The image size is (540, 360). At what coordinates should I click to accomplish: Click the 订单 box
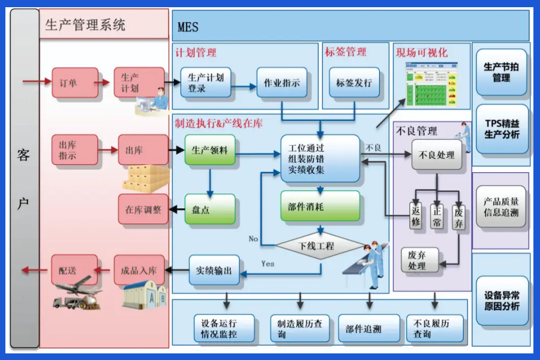coord(74,83)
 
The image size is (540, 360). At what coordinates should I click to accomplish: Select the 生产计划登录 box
coord(206,83)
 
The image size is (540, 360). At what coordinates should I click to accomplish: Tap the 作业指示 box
coord(282,83)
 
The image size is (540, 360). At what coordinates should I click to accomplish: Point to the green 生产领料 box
coord(210,151)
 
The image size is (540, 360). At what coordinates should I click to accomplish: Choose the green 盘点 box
coord(209,210)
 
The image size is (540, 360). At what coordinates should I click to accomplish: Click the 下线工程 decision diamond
coord(320,245)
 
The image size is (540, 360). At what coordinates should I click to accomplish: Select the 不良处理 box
coord(437,155)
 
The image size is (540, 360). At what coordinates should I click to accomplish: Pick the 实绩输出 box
coord(214,271)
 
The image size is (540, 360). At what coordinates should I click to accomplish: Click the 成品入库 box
coord(139,270)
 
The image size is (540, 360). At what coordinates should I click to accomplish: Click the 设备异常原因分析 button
coord(502,301)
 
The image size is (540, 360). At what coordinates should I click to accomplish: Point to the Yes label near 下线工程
coord(268,263)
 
